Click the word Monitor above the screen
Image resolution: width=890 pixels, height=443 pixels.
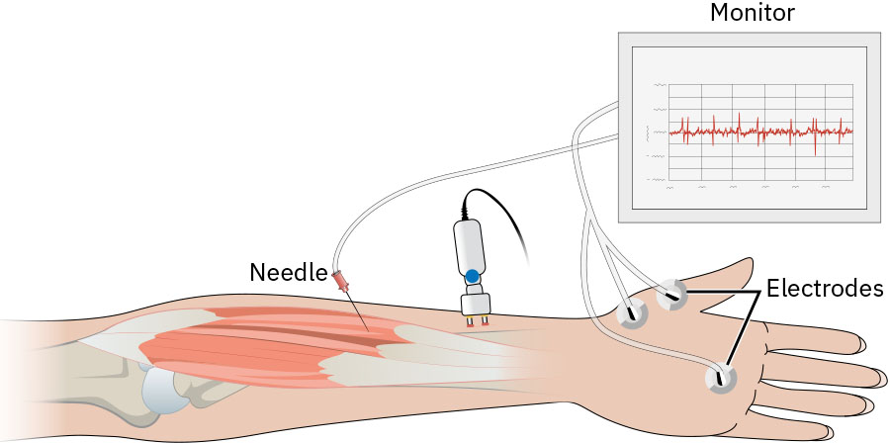(753, 13)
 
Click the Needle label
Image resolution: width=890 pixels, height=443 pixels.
(289, 273)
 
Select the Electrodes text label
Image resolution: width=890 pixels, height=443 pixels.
(825, 289)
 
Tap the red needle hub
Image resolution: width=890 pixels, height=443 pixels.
(340, 280)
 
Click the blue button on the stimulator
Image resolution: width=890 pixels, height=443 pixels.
(472, 277)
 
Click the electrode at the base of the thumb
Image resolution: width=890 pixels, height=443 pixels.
(672, 295)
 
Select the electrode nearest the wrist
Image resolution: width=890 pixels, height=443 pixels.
(632, 312)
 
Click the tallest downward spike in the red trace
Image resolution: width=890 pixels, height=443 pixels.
(815, 144)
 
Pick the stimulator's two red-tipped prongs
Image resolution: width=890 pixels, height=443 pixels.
(478, 321)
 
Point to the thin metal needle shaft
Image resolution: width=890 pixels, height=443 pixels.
(357, 310)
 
